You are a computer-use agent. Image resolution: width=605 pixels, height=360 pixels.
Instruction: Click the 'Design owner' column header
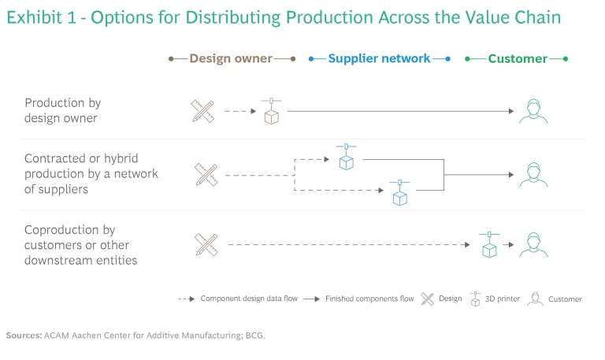coord(231,58)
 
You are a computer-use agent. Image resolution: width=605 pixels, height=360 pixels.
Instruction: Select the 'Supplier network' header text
coord(379,58)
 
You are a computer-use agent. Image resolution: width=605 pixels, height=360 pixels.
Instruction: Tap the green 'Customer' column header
coord(517,58)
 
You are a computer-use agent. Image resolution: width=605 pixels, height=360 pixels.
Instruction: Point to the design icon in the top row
coord(203,111)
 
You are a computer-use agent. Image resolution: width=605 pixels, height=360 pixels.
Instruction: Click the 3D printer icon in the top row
coord(272,111)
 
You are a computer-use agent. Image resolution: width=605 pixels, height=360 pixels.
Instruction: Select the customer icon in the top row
coord(533,111)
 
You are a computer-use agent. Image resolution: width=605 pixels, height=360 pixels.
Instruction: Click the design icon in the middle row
coord(206,174)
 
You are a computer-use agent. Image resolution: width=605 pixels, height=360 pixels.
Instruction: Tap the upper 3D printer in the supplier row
coord(346,157)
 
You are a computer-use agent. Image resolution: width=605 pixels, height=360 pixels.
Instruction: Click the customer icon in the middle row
coord(533,174)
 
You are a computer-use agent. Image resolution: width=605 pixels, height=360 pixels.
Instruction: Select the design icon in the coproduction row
coord(206,245)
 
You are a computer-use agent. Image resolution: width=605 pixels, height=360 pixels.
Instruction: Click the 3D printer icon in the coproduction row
coord(489,244)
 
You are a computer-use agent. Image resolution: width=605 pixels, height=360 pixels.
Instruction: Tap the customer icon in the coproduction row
coord(533,245)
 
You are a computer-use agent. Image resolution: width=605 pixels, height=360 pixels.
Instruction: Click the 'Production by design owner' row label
coord(63,110)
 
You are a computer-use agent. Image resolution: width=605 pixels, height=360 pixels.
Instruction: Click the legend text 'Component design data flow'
coord(249,299)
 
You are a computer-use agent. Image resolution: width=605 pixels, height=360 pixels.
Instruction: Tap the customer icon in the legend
coord(536,299)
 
